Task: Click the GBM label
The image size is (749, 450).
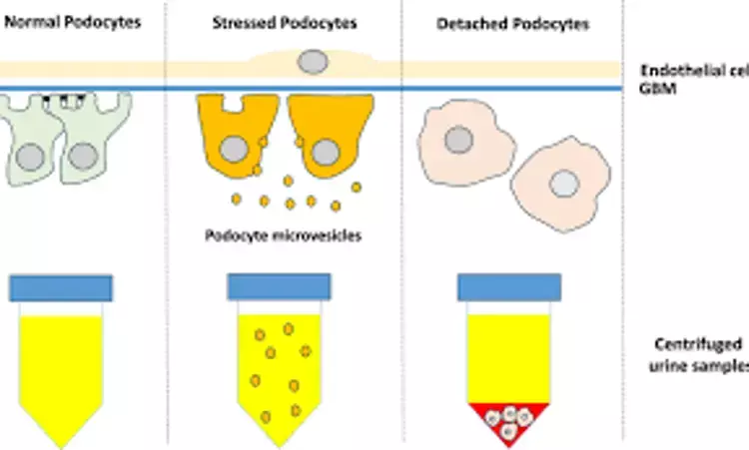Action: tap(653, 89)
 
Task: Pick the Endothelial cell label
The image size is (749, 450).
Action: tap(693, 70)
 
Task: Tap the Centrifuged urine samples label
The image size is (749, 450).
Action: tap(699, 354)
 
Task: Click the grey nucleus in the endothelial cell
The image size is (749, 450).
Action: tap(313, 62)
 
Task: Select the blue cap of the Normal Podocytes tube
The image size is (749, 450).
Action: tap(61, 287)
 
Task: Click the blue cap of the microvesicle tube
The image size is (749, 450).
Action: tap(280, 287)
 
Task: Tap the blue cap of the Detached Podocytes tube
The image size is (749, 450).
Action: tap(509, 287)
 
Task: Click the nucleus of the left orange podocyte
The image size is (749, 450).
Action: tap(235, 150)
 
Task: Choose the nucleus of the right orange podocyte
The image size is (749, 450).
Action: tap(325, 152)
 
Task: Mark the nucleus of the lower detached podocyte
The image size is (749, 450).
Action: tap(564, 184)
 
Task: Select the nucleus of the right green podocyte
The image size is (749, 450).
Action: tap(83, 156)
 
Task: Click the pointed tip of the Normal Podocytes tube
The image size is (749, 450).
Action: tap(61, 445)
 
